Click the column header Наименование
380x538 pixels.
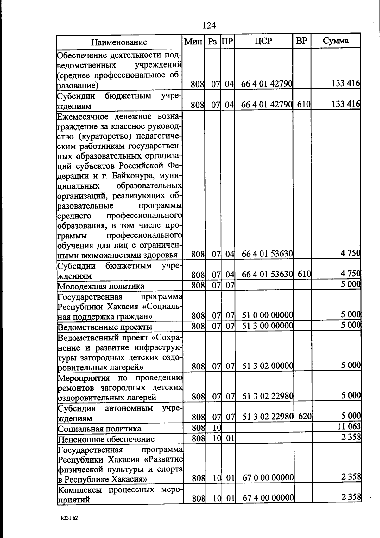tap(119, 42)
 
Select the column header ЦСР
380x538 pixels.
tap(263, 41)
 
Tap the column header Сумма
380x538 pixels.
tap(336, 41)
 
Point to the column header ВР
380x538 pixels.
tap(301, 41)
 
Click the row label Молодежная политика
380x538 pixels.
tap(101, 286)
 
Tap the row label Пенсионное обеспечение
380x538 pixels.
tap(106, 439)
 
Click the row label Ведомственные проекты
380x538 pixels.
tap(105, 327)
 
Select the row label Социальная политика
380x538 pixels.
tap(99, 429)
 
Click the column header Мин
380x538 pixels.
tap(193, 42)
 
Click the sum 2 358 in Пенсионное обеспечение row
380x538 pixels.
tap(351, 437)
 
